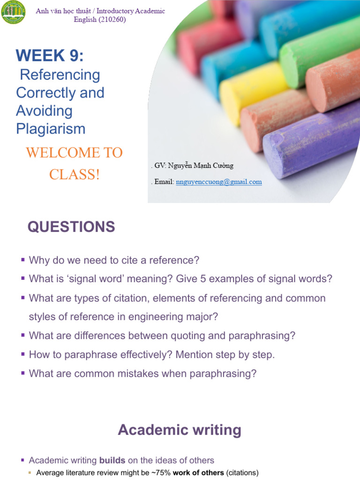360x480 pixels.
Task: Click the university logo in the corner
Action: (x=14, y=13)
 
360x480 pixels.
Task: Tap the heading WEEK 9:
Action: (x=50, y=56)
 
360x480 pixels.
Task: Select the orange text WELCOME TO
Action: (x=74, y=153)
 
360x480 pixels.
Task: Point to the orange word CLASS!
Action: (x=75, y=175)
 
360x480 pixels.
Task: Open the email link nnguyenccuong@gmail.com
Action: (x=219, y=182)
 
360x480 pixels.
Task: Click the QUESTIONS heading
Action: (x=71, y=227)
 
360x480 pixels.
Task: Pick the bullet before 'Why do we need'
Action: (x=22, y=260)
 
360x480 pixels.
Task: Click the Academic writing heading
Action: (x=180, y=430)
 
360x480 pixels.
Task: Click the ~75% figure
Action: (x=161, y=472)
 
